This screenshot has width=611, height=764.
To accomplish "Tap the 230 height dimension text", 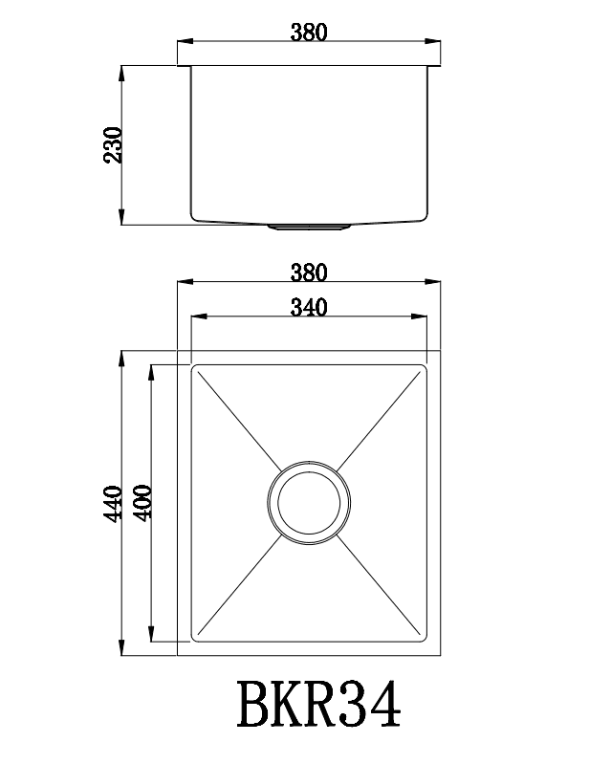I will (113, 145).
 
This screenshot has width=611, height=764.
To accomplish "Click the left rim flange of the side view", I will (184, 66).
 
